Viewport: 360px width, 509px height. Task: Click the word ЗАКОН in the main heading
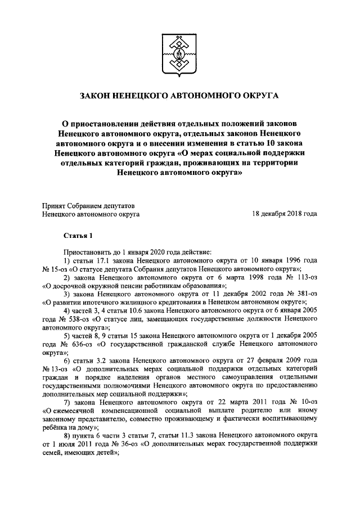pyautogui.click(x=98, y=97)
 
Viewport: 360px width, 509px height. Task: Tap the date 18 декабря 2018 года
pyautogui.click(x=285, y=214)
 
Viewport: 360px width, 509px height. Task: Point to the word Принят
pyautogui.click(x=55, y=205)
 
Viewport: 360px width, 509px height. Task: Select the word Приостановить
pyautogui.click(x=88, y=253)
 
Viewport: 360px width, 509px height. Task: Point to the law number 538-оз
pyautogui.click(x=80, y=319)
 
